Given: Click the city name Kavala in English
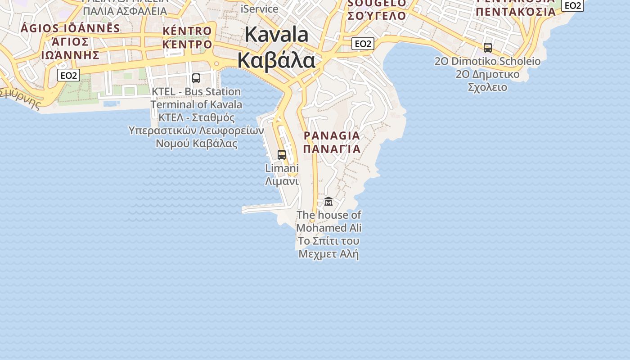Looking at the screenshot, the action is click(277, 35).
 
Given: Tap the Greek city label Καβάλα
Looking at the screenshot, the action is click(277, 60).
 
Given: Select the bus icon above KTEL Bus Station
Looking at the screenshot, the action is click(196, 78).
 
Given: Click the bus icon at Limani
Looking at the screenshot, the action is click(282, 155).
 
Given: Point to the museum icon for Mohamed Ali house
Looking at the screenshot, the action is click(328, 202).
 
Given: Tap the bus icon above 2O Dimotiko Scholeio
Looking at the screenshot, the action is click(488, 48).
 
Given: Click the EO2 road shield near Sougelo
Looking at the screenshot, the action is click(363, 44).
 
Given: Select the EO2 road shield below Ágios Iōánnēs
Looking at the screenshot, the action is click(68, 75).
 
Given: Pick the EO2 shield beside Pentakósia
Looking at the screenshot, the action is click(572, 5).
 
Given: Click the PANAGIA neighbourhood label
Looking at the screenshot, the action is click(332, 135).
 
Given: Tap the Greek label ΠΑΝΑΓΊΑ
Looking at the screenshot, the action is click(332, 148).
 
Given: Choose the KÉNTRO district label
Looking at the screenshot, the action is click(187, 31).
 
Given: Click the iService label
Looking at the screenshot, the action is click(260, 9).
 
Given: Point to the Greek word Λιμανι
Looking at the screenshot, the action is click(282, 181).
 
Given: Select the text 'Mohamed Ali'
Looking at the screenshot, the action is click(329, 228).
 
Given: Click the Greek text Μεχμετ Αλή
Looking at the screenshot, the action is click(329, 254).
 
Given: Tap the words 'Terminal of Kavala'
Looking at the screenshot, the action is click(196, 104).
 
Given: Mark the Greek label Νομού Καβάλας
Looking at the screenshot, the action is click(196, 144).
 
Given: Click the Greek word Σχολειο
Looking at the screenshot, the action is click(488, 87).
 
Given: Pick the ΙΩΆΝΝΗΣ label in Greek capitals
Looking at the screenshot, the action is click(70, 55).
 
